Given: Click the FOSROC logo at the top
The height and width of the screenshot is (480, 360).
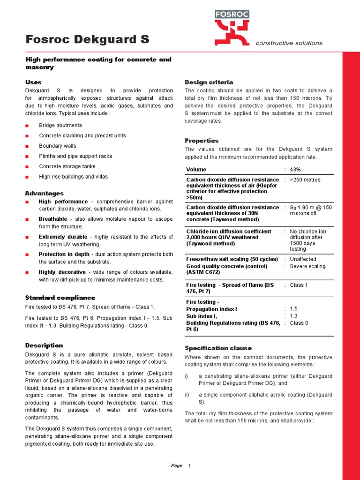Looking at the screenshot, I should [232, 27].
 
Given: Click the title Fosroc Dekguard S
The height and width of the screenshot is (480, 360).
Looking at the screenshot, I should [87, 40].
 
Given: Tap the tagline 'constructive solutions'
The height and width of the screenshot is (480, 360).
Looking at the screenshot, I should [289, 43].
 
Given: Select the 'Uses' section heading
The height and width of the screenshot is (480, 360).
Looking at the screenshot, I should [33, 82].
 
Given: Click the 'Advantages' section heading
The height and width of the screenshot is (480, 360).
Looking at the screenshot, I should [44, 193].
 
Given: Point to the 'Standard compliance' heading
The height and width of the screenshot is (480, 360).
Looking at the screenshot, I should [60, 298].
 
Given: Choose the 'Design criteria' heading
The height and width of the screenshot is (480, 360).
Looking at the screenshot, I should [209, 82].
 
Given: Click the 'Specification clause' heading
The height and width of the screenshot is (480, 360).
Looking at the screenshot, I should [218, 348].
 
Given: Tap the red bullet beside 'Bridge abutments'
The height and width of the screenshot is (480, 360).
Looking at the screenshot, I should [27, 126].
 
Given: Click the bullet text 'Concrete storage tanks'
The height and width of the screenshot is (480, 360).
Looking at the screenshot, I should [67, 166].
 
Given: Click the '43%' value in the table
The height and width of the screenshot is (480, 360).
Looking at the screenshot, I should [295, 170].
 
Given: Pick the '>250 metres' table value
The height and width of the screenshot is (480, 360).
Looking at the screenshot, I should [305, 180].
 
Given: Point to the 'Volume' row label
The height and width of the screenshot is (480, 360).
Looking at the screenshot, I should [196, 170].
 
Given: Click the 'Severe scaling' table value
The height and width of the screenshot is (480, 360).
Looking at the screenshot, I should [307, 266].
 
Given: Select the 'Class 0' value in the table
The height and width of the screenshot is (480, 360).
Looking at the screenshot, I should [299, 323].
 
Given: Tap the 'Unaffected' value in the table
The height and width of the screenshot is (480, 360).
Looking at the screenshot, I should [303, 259].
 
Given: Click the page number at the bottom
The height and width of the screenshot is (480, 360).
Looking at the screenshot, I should [189, 465].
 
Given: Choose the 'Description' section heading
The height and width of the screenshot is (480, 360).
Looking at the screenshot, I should [44, 345].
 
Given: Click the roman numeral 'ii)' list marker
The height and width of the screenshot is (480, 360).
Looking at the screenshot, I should [187, 395].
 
